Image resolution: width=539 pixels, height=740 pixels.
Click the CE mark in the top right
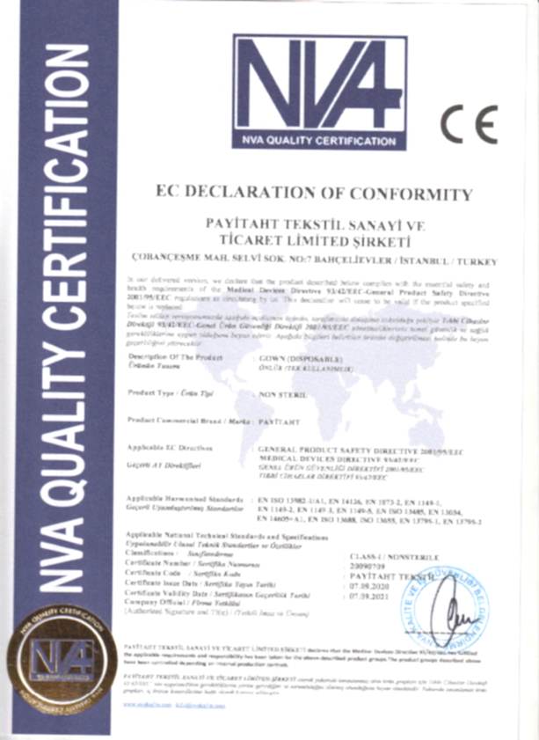pyautogui.click(x=469, y=124)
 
